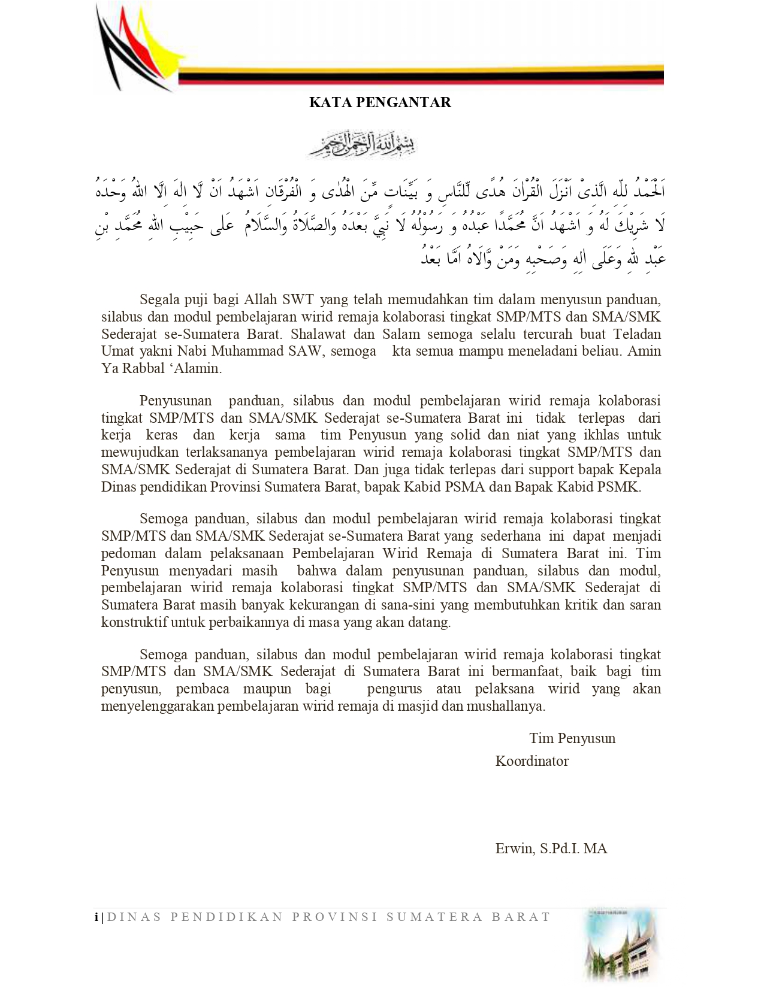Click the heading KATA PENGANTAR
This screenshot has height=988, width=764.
pyautogui.click(x=380, y=102)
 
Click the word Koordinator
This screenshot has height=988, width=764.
pyautogui.click(x=532, y=761)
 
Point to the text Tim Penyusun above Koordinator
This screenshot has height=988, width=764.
pyautogui.click(x=572, y=738)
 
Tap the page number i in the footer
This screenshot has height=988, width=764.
pyautogui.click(x=96, y=917)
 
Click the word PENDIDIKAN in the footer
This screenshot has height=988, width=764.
pyautogui.click(x=227, y=917)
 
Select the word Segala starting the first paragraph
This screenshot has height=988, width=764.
pyautogui.click(x=159, y=299)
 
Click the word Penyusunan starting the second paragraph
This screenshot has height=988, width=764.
pyautogui.click(x=176, y=401)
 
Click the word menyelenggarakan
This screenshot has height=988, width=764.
pyautogui.click(x=158, y=706)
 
